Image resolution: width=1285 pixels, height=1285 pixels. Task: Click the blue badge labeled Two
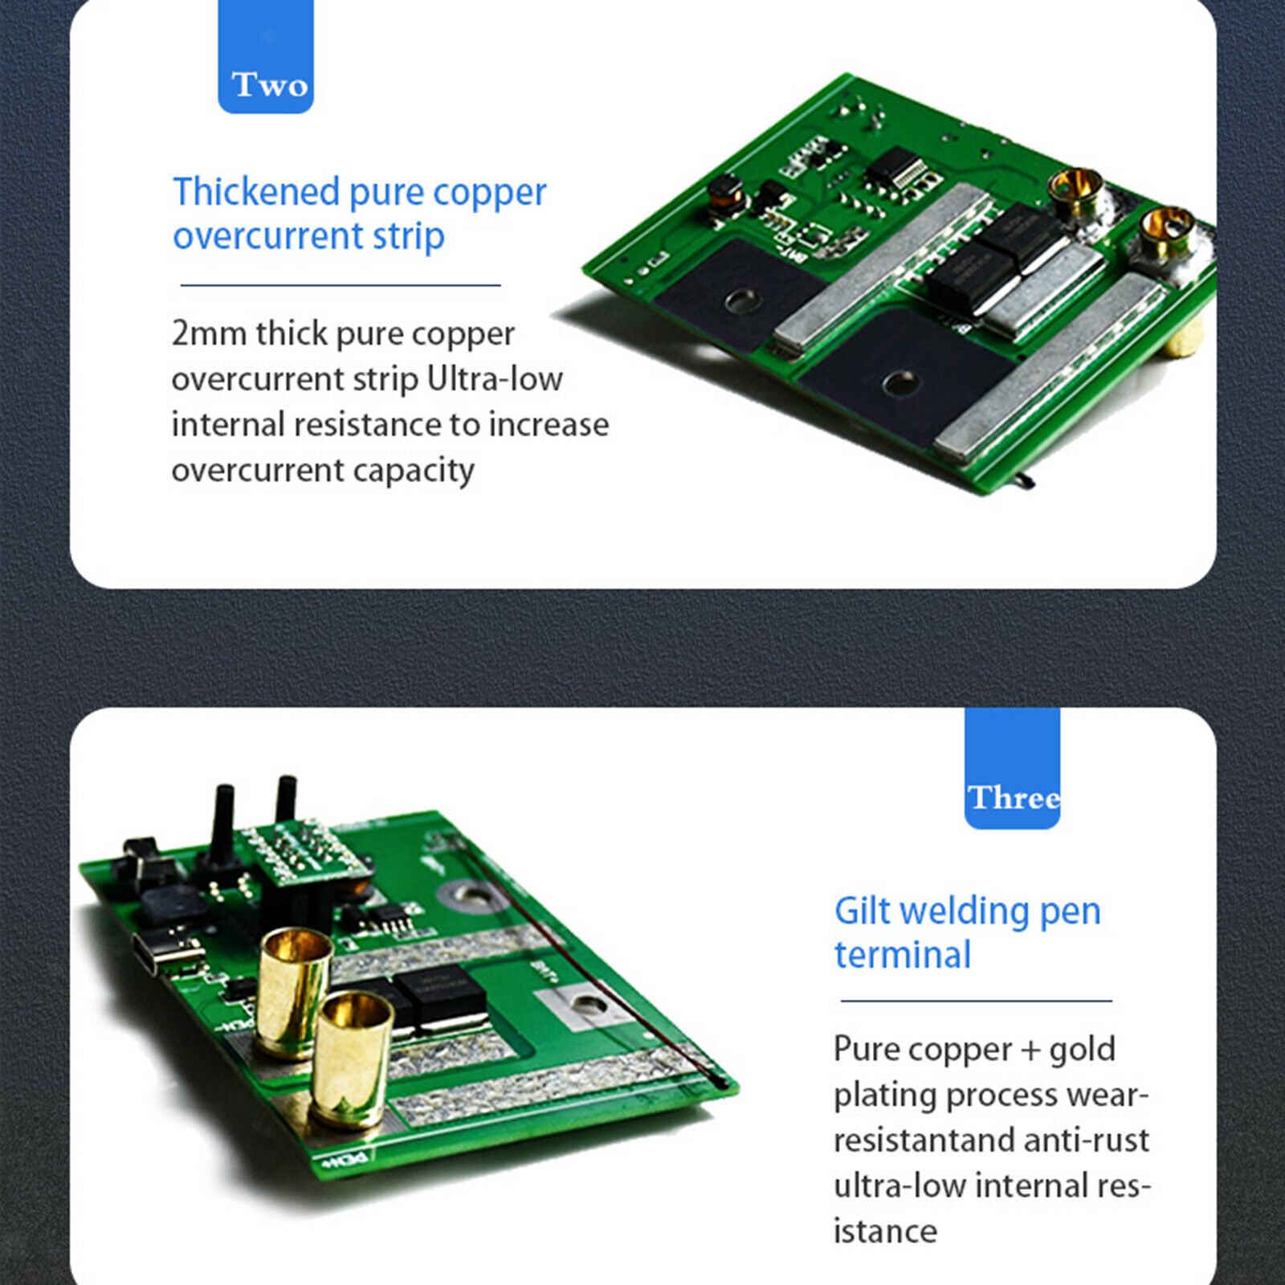(266, 56)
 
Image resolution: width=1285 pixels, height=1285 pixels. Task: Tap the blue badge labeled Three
(1012, 768)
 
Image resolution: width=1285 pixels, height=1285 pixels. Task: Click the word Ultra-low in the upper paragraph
(495, 378)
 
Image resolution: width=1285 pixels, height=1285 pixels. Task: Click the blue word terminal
(903, 955)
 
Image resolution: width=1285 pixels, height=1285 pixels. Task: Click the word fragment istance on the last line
(885, 1231)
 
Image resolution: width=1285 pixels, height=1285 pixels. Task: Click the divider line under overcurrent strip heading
(341, 284)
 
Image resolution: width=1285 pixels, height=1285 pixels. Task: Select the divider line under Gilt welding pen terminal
(977, 1001)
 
